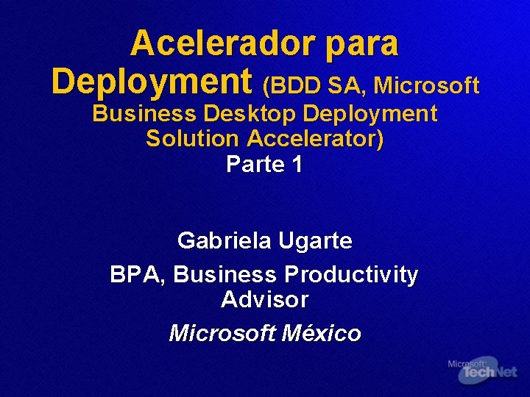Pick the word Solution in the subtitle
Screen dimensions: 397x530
(x=193, y=138)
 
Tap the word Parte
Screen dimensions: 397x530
(x=255, y=164)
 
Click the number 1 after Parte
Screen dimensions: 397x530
(x=297, y=164)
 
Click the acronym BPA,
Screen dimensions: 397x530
(x=138, y=275)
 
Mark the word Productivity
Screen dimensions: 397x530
(x=351, y=276)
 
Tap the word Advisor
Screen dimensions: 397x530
(x=264, y=300)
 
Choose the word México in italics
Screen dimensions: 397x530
(x=322, y=333)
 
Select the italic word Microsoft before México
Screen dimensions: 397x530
(x=222, y=333)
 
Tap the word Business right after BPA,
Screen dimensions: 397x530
(x=225, y=275)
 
